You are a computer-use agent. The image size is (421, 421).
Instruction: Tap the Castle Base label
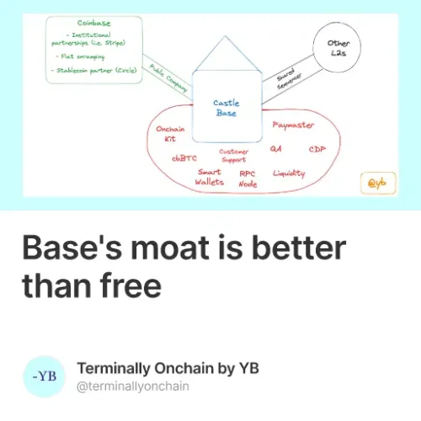pyautogui.click(x=226, y=108)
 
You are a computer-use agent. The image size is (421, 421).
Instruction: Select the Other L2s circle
pyautogui.click(x=338, y=49)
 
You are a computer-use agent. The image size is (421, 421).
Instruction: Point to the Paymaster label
pyautogui.click(x=292, y=125)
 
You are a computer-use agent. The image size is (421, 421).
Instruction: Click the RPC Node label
pyautogui.click(x=248, y=178)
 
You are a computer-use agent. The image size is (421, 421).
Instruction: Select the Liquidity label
pyautogui.click(x=289, y=173)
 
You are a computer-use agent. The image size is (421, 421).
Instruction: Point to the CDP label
pyautogui.click(x=317, y=149)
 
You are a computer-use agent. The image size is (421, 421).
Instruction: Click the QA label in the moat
pyautogui.click(x=275, y=149)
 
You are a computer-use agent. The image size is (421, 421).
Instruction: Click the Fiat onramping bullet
pyautogui.click(x=84, y=56)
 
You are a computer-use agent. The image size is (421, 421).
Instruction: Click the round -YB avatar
pyautogui.click(x=44, y=376)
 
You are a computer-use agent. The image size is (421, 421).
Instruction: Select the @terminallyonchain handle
pyautogui.click(x=133, y=386)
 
